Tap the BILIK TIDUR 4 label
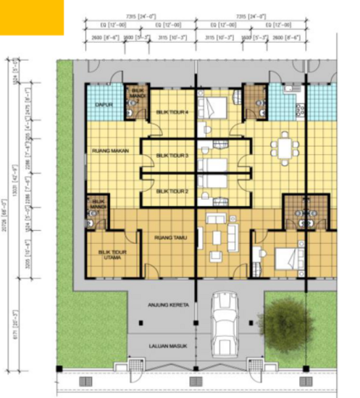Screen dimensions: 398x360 169,112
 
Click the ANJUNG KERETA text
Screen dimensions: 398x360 168,305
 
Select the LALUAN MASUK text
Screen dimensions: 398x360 168,346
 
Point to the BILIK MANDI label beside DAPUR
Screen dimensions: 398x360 138,93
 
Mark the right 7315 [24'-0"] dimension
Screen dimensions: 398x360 251,15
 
